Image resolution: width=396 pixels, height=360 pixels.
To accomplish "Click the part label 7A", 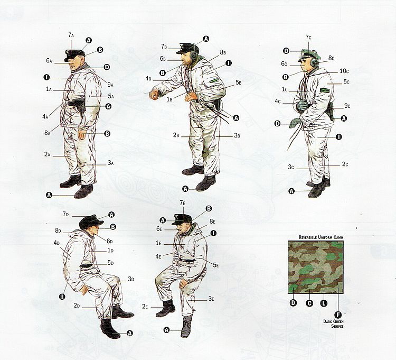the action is (71, 35).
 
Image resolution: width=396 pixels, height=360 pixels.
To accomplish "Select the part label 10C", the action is (344, 71).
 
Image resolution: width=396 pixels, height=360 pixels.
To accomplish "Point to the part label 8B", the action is (222, 52).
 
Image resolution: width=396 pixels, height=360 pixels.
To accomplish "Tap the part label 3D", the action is (131, 279).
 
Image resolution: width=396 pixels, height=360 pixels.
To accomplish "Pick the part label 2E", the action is (145, 307).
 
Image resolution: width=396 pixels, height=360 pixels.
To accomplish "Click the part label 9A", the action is (110, 85).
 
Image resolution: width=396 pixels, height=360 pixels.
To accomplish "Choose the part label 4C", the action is (278, 101).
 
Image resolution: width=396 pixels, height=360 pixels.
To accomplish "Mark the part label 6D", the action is (110, 241).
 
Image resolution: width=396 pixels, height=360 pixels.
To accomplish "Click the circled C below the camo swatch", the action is (309, 303).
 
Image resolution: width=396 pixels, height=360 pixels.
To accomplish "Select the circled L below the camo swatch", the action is (324, 303).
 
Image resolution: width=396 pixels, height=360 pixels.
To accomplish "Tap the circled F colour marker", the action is (338, 315).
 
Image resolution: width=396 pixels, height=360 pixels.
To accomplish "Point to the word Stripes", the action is (337, 326).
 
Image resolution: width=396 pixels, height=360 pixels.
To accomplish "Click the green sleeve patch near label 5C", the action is (324, 90).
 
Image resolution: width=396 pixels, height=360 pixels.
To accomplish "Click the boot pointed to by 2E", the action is (166, 308).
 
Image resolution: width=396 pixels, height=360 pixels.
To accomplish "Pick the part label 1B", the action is (169, 99).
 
